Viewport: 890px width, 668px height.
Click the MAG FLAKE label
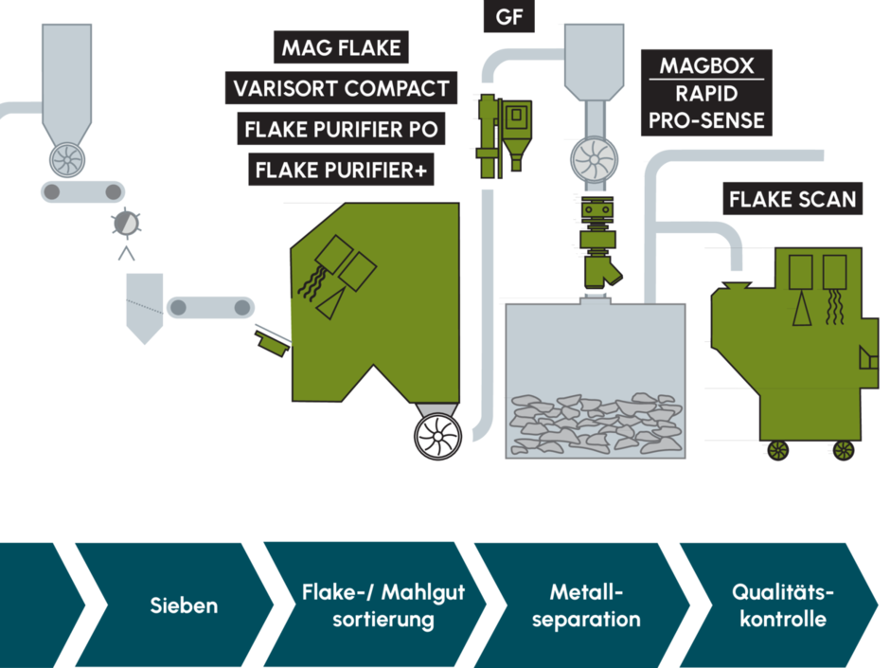[x=341, y=47]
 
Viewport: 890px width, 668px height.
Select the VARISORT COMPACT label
[x=341, y=88]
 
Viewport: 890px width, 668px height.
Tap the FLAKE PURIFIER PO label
[x=341, y=129]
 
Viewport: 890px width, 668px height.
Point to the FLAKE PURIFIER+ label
[x=341, y=170]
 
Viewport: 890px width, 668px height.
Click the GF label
[x=508, y=16]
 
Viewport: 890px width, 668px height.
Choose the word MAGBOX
[x=706, y=66]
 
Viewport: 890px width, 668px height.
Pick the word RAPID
[x=706, y=93]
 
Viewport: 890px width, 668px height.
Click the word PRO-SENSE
[x=706, y=120]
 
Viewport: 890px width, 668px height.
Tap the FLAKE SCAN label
[x=792, y=199]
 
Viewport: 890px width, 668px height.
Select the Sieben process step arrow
[x=176, y=605]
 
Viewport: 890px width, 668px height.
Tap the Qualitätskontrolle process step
[x=781, y=605]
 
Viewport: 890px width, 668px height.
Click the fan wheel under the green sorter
[x=437, y=436]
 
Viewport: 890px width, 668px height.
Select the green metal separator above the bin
[x=598, y=242]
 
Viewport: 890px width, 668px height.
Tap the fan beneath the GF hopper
[x=595, y=159]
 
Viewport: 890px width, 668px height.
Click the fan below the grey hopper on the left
[x=67, y=159]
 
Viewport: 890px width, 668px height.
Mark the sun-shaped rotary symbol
[x=126, y=223]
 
